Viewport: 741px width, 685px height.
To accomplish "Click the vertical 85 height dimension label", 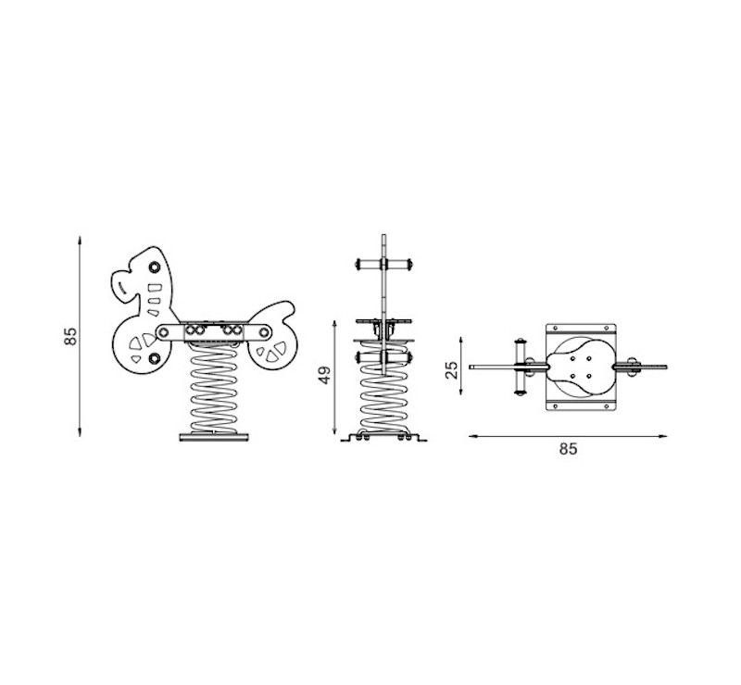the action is [70, 336].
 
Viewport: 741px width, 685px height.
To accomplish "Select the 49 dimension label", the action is [325, 375].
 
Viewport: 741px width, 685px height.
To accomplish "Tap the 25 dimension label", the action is [452, 370].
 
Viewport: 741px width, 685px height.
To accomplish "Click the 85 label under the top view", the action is [568, 448].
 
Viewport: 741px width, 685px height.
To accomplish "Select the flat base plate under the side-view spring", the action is [214, 438].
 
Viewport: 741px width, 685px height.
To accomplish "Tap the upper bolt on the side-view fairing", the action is [154, 268].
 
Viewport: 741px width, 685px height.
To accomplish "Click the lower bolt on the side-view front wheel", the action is [154, 358].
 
